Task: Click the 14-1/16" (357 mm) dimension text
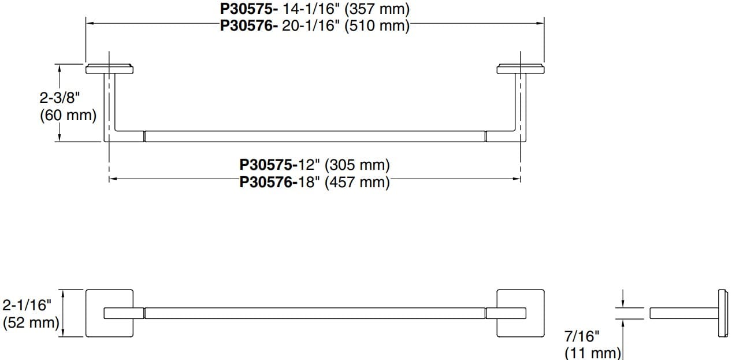(x=346, y=10)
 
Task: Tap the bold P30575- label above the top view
(x=250, y=10)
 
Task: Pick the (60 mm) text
(x=68, y=115)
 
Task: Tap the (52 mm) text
(x=31, y=322)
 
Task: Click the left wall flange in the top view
(x=110, y=70)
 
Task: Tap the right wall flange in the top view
(x=519, y=70)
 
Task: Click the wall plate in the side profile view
(x=722, y=313)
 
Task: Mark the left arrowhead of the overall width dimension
(x=89, y=23)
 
